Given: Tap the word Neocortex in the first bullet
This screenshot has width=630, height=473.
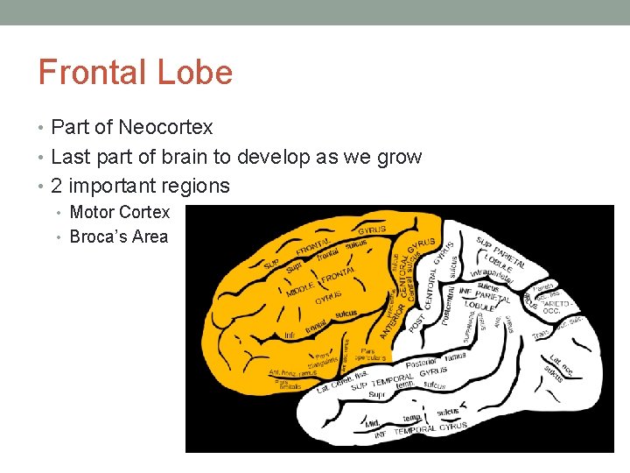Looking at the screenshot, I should click(x=165, y=128).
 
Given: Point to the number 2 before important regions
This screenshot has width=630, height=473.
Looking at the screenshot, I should click(x=57, y=187).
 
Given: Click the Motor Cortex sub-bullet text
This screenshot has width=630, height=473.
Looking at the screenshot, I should click(x=119, y=213).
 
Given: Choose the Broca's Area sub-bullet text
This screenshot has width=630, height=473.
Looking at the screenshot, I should click(x=118, y=237).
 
